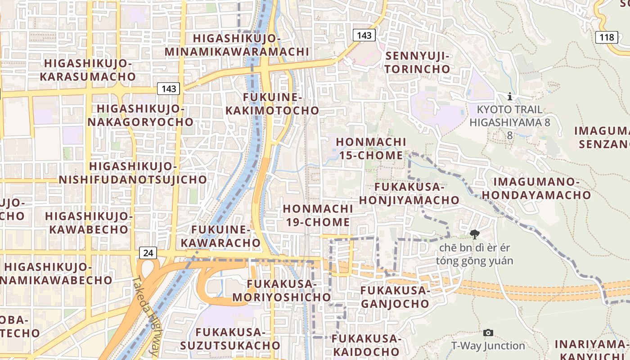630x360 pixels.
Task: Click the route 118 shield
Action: click(x=606, y=37)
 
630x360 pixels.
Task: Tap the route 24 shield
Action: click(x=148, y=253)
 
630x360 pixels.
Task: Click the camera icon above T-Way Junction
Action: click(x=488, y=333)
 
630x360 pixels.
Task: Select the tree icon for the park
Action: click(x=474, y=234)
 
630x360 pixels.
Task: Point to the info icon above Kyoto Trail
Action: click(x=509, y=96)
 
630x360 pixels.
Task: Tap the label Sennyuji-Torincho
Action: click(x=417, y=63)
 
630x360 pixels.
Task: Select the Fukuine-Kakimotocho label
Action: click(x=272, y=104)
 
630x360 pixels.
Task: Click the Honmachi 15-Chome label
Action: click(x=371, y=148)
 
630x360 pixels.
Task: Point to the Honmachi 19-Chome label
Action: click(x=318, y=215)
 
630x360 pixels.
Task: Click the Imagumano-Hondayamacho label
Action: click(x=542, y=188)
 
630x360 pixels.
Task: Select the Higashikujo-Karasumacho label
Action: click(x=88, y=70)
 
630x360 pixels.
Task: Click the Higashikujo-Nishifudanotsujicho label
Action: click(x=133, y=173)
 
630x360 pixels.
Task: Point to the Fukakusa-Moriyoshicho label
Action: click(x=282, y=291)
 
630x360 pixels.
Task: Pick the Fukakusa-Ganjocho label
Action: click(x=395, y=297)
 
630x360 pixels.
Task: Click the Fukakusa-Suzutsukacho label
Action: click(x=230, y=338)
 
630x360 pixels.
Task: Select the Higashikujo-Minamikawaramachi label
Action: click(x=237, y=45)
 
